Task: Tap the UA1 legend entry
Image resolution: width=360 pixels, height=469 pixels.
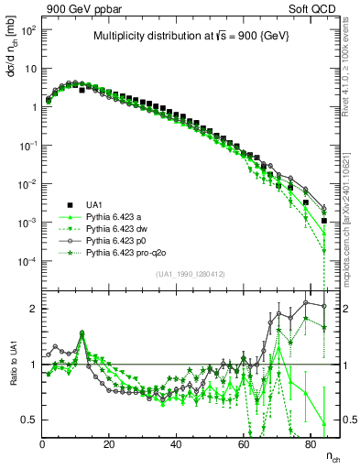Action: [95, 204]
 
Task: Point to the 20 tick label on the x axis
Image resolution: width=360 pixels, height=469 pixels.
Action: [110, 443]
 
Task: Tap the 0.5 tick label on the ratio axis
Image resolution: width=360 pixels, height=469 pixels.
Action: [28, 420]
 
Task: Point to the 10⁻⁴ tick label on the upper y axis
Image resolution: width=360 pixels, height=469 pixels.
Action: [27, 262]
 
